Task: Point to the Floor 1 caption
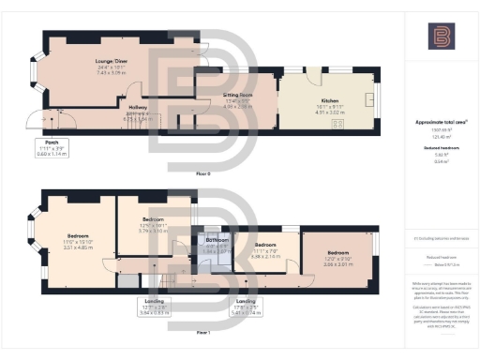(202, 333)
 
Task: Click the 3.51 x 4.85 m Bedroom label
(77, 234)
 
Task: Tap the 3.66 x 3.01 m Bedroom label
(337, 251)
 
